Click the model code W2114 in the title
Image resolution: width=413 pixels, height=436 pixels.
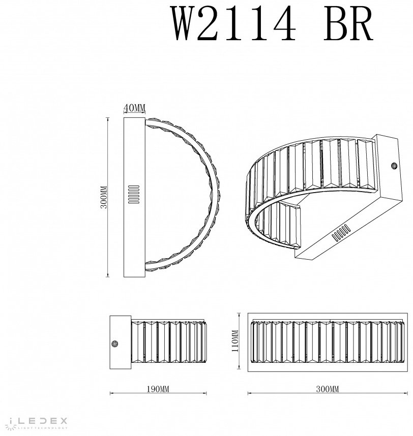234,24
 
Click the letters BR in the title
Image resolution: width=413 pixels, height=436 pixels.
348,24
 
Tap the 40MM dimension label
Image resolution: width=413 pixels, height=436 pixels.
134,108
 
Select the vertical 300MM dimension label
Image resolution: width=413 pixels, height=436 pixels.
104,197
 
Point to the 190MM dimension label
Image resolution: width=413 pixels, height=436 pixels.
158,389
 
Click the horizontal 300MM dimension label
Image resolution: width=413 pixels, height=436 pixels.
328,389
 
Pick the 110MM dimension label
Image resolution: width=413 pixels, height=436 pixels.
235,340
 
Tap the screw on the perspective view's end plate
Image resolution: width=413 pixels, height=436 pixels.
394,166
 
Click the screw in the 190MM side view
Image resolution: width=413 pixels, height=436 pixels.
114,344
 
